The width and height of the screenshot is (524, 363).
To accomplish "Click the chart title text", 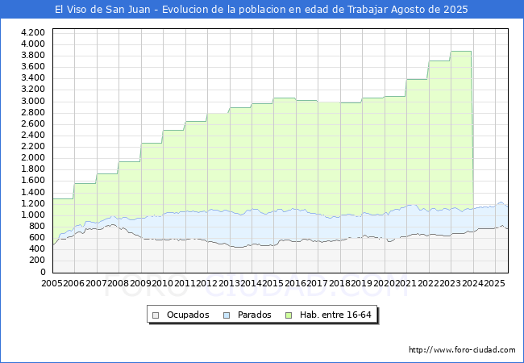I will pos(261,10).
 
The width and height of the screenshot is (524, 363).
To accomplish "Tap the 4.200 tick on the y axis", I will pos(33,32).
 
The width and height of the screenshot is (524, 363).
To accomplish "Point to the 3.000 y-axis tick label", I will pos(33,101).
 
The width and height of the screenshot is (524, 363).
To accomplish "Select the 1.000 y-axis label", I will pos(33,215).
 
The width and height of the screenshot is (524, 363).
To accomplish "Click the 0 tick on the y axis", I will pos(42,272).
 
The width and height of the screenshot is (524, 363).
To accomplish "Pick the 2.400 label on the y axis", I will pos(33,135).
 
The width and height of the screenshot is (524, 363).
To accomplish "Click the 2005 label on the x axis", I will pos(52,284).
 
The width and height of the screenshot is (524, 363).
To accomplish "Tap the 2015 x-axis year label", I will pos(273,284).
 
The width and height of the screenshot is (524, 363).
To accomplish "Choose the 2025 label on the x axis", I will pos(494,284).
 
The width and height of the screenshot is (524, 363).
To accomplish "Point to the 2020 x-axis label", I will pos(384,284).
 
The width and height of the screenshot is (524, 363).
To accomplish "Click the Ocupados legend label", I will pos(188,315).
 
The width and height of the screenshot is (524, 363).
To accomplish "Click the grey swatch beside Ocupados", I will pos(157,315).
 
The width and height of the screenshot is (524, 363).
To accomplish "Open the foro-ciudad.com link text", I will pos(462,350).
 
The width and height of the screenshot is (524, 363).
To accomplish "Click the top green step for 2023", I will pos(460,52).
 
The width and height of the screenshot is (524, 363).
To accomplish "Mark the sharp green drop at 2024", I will pos(472,129).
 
